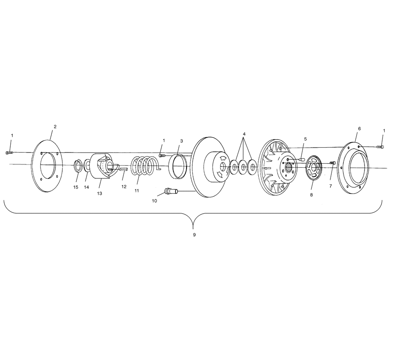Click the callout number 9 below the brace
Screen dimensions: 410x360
pyautogui.click(x=194, y=235)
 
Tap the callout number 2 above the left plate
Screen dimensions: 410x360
pyautogui.click(x=55, y=127)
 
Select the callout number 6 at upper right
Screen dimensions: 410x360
pyautogui.click(x=359, y=129)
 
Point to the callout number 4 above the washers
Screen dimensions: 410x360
pyautogui.click(x=244, y=134)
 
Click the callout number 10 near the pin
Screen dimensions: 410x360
pyautogui.click(x=155, y=201)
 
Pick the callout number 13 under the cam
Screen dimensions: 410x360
pyautogui.click(x=99, y=194)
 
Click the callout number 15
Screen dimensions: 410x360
pyautogui.click(x=75, y=187)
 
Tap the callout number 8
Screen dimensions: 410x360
pyautogui.click(x=311, y=195)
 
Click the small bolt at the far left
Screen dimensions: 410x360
pyautogui.click(x=9, y=153)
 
